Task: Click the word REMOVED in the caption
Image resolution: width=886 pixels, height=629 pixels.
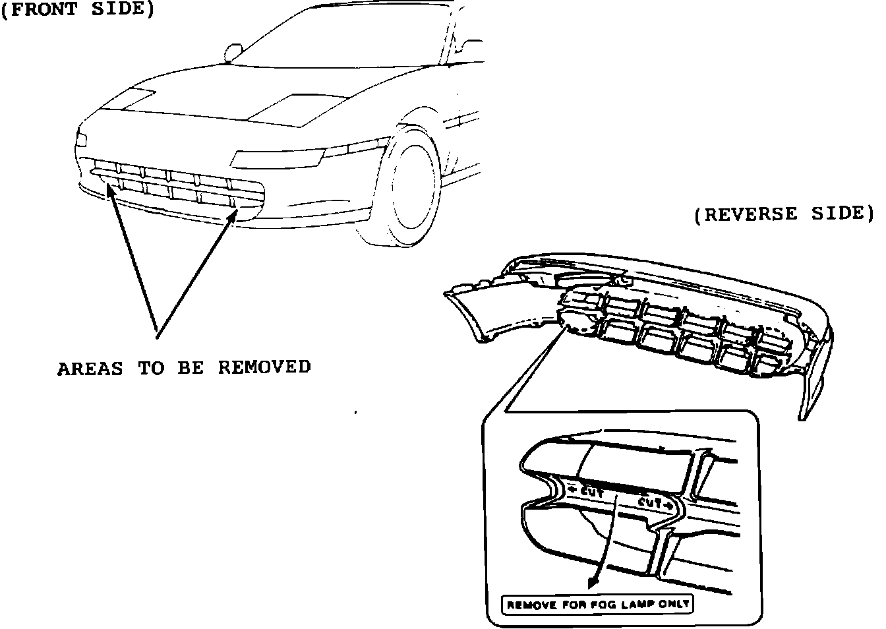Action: (x=264, y=367)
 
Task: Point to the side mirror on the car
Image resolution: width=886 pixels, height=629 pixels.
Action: (x=234, y=51)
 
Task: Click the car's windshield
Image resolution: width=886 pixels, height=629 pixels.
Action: (x=343, y=40)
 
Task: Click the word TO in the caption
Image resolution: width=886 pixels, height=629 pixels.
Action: (x=150, y=367)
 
